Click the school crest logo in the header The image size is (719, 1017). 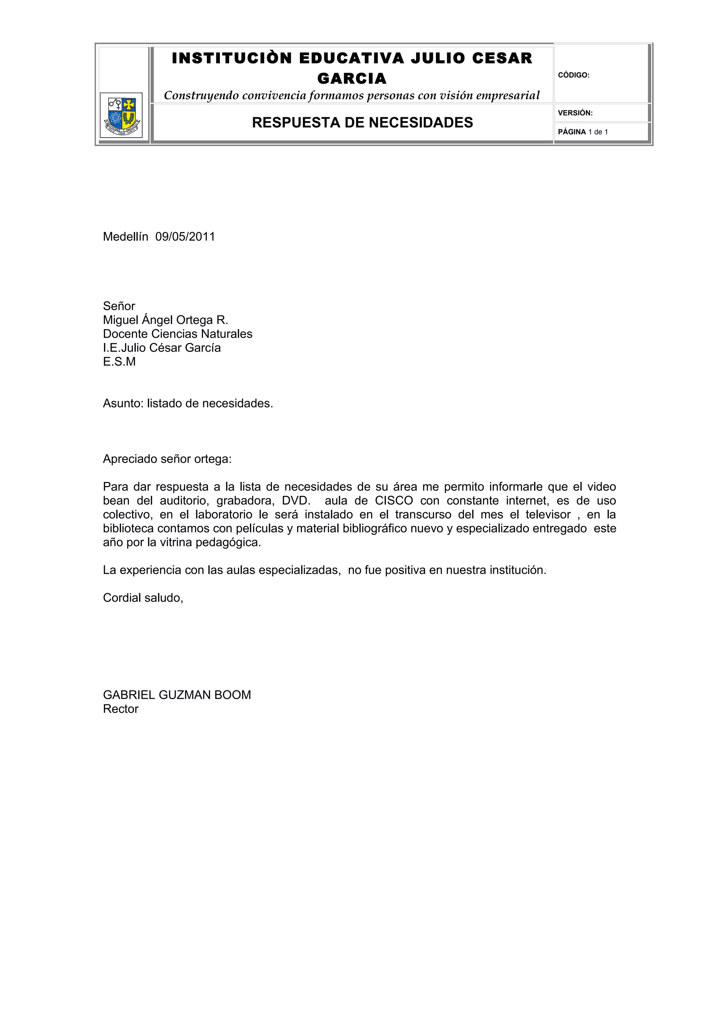coord(121,115)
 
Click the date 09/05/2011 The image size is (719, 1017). coord(185,237)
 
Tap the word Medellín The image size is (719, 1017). coord(125,237)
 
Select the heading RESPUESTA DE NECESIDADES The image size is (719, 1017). coord(362,123)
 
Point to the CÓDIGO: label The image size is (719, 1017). coord(574,75)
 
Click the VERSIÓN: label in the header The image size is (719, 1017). coord(575,113)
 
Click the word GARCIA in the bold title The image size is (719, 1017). coord(352,79)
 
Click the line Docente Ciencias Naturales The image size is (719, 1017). coord(178,334)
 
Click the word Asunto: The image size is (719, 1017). coord(123,404)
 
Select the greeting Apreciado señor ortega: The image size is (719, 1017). coord(167,459)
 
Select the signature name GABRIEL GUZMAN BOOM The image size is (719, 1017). coord(177,695)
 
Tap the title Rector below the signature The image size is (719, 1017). coord(120,709)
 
